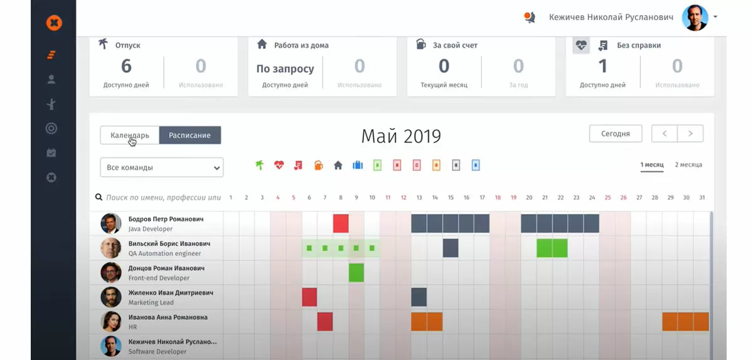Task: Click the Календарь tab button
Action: [129, 135]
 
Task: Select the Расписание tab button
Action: [190, 135]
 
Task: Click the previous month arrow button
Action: [665, 134]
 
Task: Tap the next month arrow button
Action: [690, 134]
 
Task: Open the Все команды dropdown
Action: [162, 167]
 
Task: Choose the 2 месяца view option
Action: [688, 165]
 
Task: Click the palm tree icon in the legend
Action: [259, 166]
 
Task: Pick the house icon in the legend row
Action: [338, 166]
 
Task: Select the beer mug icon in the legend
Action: [318, 166]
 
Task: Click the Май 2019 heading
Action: [401, 135]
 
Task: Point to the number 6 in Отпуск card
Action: [126, 66]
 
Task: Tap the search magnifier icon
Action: [99, 198]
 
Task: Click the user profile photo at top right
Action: [695, 18]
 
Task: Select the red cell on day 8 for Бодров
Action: [341, 223]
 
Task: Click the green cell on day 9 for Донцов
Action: [356, 272]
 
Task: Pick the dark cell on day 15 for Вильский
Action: [451, 248]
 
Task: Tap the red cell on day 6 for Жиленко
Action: [309, 297]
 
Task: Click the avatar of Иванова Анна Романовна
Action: [111, 321]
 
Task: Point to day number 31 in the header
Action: [702, 198]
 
